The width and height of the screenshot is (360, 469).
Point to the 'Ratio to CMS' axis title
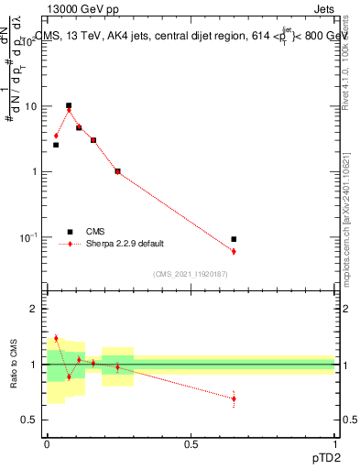pyautogui.click(x=14, y=364)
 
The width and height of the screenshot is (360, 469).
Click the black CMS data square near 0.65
pyautogui.click(x=234, y=239)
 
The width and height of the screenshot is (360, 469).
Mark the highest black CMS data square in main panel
pyautogui.click(x=69, y=105)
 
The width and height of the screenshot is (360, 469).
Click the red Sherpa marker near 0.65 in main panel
pyautogui.click(x=234, y=251)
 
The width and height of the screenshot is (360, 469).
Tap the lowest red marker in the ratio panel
pyautogui.click(x=234, y=398)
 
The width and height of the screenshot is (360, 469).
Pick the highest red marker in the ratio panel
pyautogui.click(x=56, y=338)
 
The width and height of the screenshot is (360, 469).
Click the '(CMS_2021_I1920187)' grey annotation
pyautogui.click(x=190, y=274)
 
